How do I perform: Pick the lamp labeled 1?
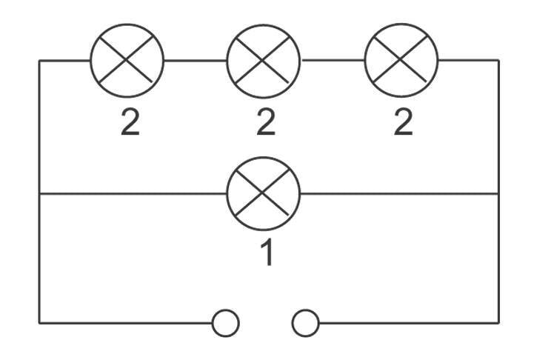[264, 194]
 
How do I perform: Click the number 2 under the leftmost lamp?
[130, 122]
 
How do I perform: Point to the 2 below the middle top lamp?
[265, 122]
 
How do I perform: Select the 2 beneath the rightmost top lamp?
[402, 122]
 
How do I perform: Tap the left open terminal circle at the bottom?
[225, 323]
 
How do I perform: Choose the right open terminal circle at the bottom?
[305, 323]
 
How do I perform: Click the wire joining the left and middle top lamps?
[196, 60]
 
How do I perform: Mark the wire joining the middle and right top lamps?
[333, 59]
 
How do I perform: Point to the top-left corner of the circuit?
[39, 60]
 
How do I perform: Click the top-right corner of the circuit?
[498, 60]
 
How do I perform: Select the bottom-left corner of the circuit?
[39, 323]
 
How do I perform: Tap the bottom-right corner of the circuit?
[498, 323]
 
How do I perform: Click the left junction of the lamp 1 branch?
[39, 194]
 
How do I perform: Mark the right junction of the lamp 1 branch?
[498, 194]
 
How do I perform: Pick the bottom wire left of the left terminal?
[126, 323]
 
